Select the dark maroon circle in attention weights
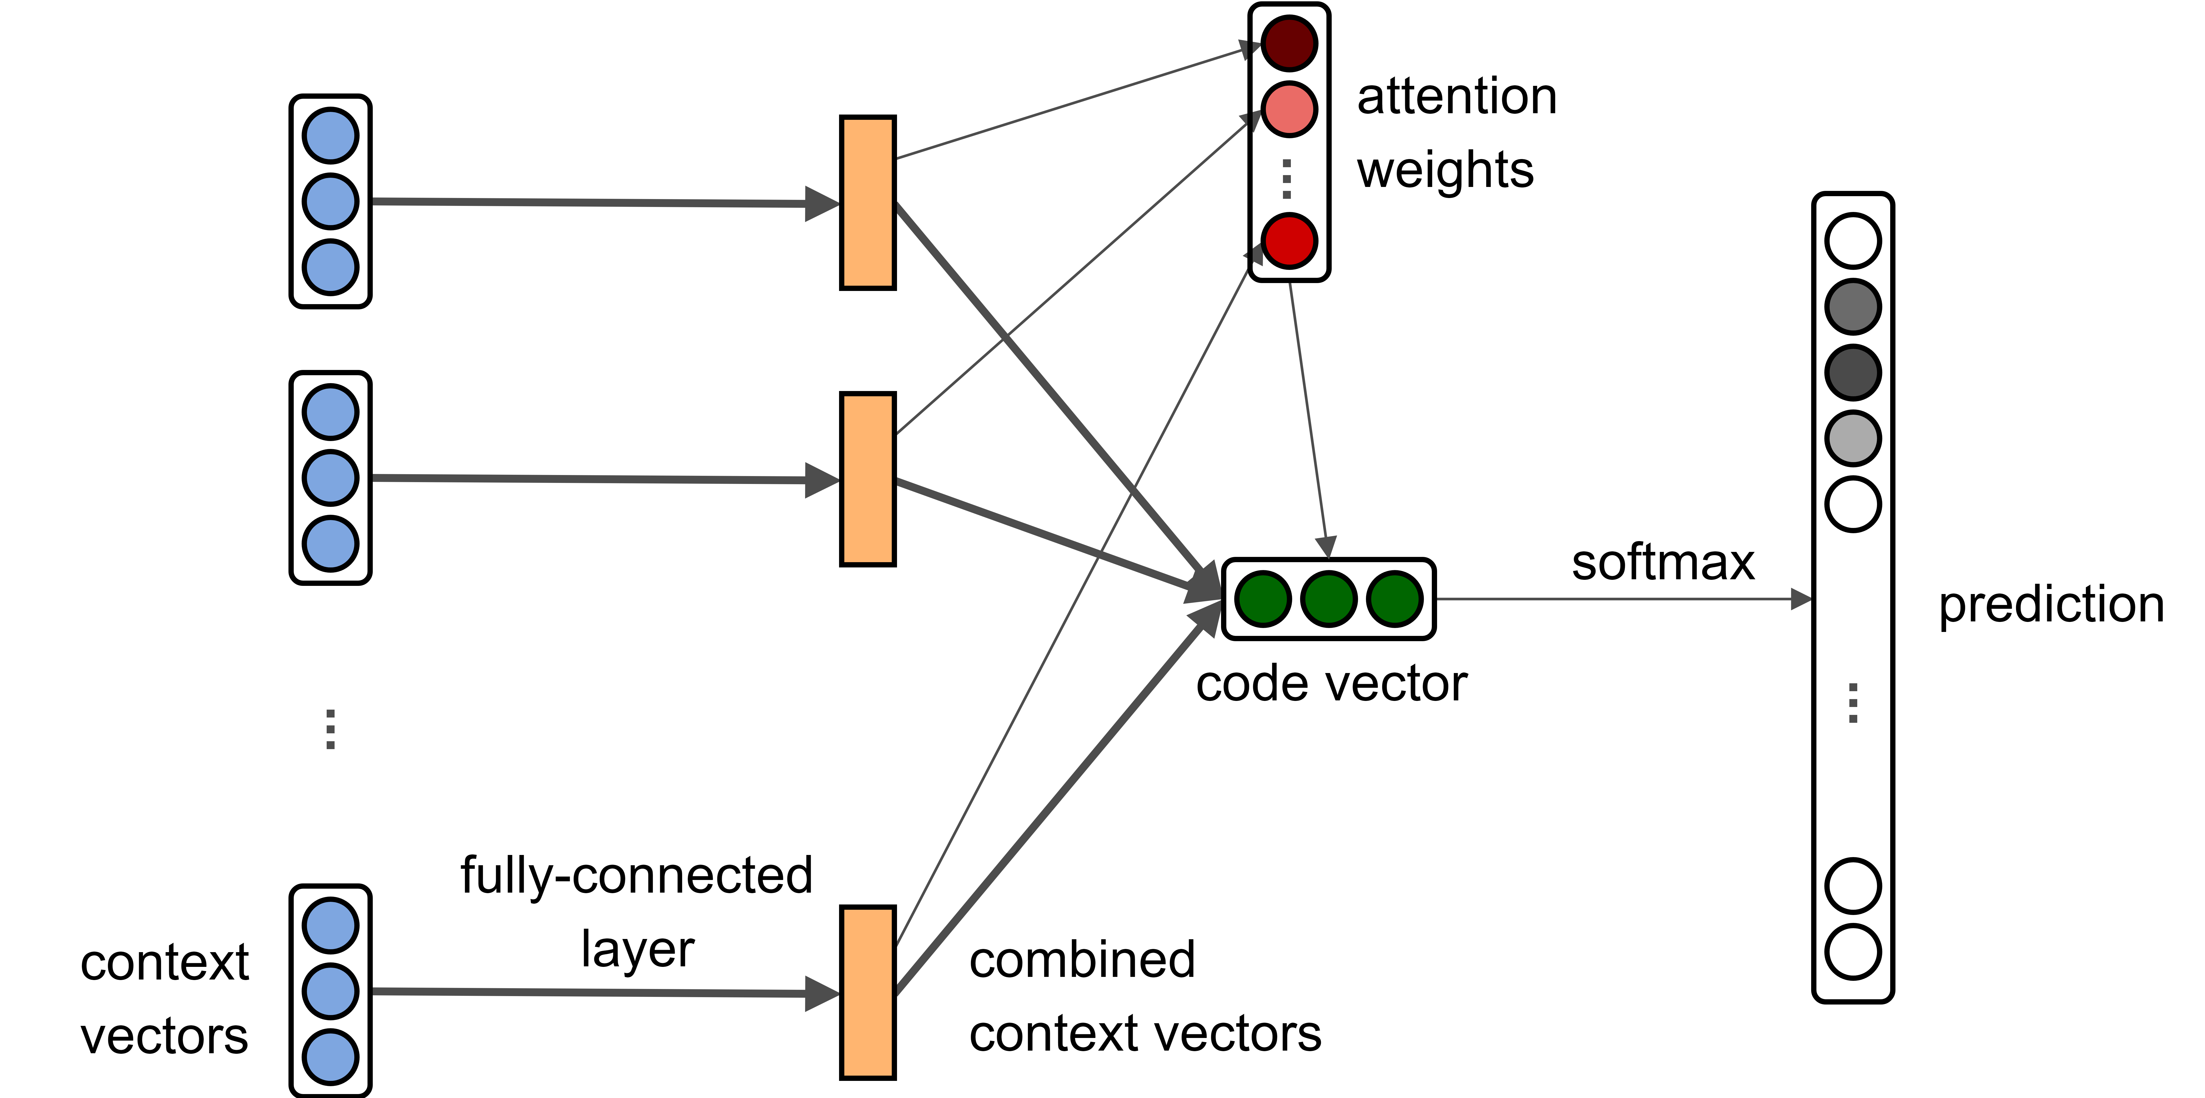(1288, 44)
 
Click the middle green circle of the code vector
(1329, 599)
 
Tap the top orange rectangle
(867, 203)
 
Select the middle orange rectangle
(867, 479)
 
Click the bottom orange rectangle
(867, 993)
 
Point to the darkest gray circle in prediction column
(1852, 372)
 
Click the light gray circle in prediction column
(1852, 438)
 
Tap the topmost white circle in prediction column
(1852, 240)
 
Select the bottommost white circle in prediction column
(1852, 952)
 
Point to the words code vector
(1331, 685)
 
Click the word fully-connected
(636, 876)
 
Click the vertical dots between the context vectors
(330, 729)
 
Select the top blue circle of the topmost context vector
(330, 135)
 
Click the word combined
(1082, 960)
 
